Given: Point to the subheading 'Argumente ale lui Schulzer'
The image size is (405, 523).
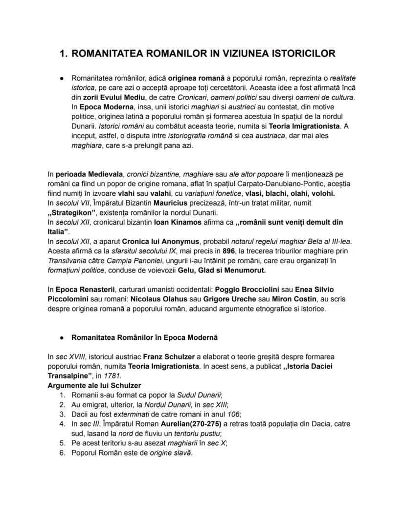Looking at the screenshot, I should click(x=94, y=385).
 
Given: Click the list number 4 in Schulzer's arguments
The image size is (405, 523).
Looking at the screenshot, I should click(x=62, y=423).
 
